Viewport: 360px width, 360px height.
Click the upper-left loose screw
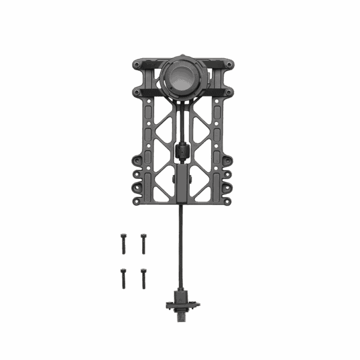point(123,242)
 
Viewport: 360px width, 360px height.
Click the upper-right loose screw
point(143,242)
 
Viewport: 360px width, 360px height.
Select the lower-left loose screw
point(123,278)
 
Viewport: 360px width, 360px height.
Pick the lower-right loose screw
point(143,278)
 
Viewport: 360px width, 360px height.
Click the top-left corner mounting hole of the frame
point(137,64)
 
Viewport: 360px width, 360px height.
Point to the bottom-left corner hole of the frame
point(137,202)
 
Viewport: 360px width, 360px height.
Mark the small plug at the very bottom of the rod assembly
point(181,316)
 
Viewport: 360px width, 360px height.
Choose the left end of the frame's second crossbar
point(139,92)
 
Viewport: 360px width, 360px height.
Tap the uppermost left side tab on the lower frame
point(137,161)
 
